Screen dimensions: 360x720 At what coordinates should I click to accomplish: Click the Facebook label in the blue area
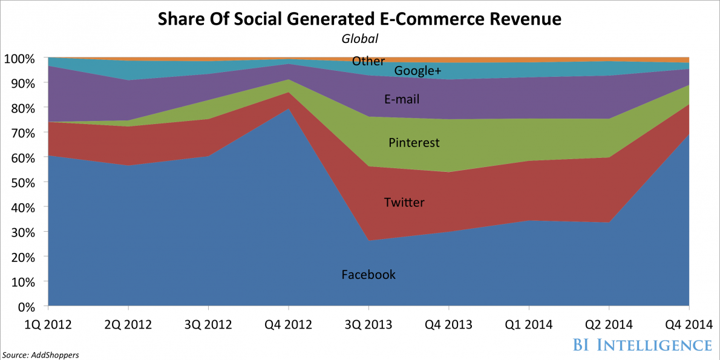[368, 275]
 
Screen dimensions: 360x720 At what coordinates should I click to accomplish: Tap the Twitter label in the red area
[404, 202]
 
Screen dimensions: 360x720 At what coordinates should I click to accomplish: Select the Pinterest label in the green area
[414, 143]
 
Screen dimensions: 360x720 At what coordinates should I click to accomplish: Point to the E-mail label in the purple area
[402, 99]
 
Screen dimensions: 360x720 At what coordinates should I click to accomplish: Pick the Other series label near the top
[368, 61]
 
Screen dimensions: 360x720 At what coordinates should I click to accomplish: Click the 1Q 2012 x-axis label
[48, 324]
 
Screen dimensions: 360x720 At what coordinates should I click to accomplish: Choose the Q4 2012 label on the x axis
[288, 324]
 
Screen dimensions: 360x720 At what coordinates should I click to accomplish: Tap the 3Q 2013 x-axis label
[368, 324]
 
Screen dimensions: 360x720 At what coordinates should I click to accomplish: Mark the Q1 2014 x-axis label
[529, 324]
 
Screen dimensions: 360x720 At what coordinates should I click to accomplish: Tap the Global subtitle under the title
[359, 39]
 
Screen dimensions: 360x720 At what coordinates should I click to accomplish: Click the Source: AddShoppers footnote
[40, 354]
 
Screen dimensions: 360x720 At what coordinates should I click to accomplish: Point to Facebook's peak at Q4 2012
[288, 109]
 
